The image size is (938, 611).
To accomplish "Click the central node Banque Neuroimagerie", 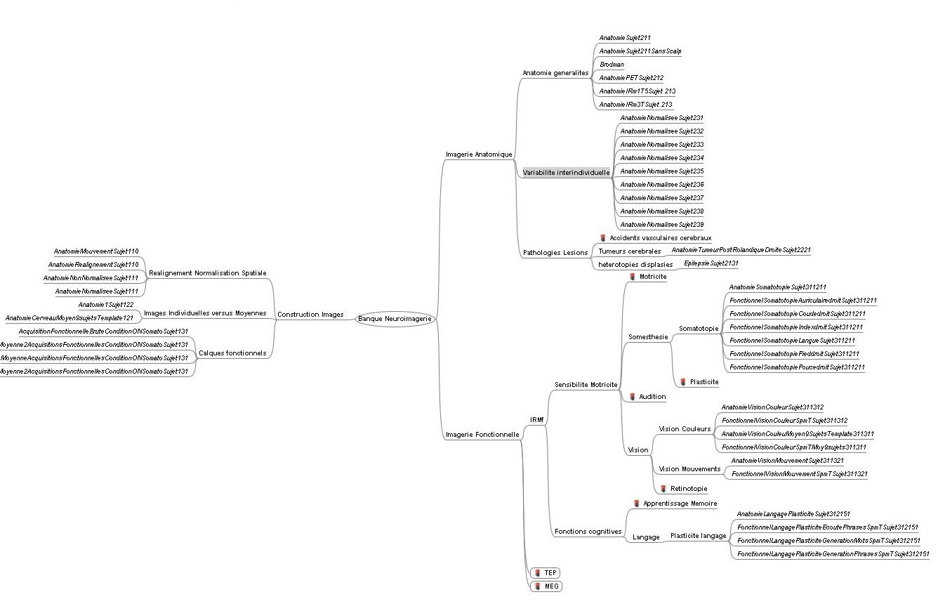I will (395, 319).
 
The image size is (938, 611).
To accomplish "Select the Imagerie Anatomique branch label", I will (479, 155).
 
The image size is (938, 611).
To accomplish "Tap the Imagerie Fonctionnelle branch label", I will (482, 435).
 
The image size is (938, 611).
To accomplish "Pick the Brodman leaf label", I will (612, 65).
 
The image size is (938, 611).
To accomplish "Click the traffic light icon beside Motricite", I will (632, 277).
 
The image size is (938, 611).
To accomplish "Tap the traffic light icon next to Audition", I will (632, 397).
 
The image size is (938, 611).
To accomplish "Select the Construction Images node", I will (310, 315).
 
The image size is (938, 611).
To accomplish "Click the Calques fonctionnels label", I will (232, 353).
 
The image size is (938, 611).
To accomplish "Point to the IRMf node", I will (537, 420).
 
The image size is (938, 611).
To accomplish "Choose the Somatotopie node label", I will (699, 329).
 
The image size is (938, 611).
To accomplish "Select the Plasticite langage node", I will (698, 536).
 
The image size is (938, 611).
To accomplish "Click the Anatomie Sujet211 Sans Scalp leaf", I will (640, 51).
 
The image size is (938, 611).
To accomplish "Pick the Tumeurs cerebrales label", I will (629, 251).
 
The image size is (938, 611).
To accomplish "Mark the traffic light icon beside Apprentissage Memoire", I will (636, 504).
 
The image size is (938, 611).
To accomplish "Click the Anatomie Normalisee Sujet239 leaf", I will (661, 225).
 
